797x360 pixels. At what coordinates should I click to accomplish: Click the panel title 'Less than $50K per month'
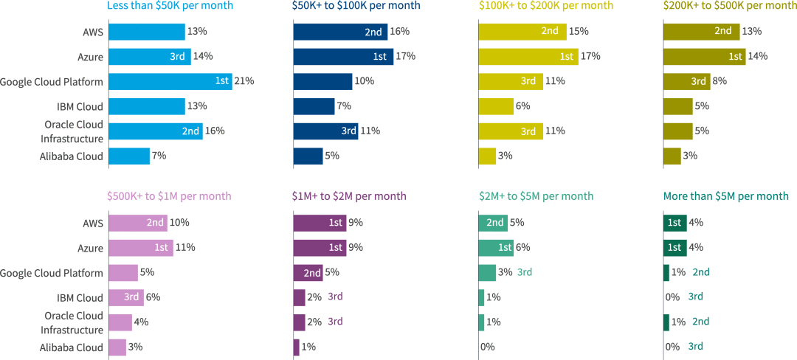(x=170, y=6)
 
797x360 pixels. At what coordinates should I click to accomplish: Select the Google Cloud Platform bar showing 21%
(x=170, y=81)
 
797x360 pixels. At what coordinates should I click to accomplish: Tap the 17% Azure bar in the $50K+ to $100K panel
(x=343, y=56)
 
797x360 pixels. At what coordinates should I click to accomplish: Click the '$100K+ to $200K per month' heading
(x=545, y=6)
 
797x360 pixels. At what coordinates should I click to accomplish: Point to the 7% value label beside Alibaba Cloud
(x=159, y=156)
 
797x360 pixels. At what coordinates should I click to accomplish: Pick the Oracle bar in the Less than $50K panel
(x=155, y=131)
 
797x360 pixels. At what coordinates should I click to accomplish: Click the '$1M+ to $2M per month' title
(x=349, y=196)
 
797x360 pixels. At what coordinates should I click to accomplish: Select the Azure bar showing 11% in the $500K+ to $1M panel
(x=140, y=247)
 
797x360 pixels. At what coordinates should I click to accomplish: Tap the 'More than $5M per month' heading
(x=726, y=196)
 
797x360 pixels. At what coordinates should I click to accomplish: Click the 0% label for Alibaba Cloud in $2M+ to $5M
(x=487, y=347)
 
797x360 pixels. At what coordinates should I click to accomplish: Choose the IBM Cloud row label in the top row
(x=80, y=106)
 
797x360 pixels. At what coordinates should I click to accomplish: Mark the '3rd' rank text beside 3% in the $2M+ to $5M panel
(x=525, y=272)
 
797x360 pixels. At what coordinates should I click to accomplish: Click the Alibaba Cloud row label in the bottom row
(x=71, y=347)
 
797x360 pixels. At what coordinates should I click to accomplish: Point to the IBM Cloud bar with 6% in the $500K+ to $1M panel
(x=125, y=297)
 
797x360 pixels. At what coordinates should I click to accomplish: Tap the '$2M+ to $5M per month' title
(x=536, y=196)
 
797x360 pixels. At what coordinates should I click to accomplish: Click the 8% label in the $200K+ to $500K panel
(x=720, y=81)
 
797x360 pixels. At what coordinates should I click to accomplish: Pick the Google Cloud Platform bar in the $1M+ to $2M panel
(x=308, y=272)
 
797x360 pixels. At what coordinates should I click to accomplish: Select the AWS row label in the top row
(x=93, y=32)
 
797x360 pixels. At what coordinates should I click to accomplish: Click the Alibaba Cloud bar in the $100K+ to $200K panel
(x=487, y=156)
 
